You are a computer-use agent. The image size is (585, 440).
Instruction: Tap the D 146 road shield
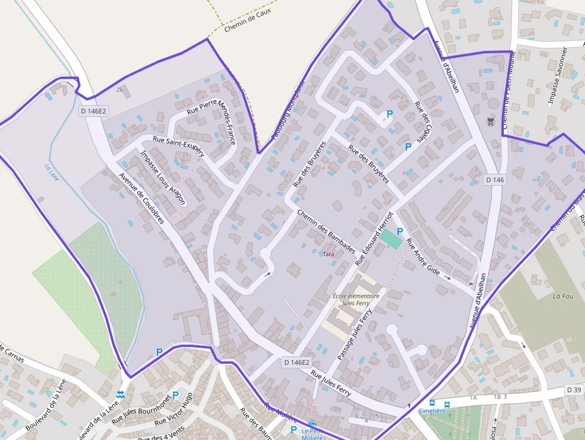(x=495, y=180)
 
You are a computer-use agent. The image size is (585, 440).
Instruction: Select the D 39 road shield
(x=573, y=390)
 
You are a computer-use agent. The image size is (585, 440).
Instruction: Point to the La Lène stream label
(x=52, y=173)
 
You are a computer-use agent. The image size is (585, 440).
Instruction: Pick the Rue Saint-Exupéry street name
(x=179, y=146)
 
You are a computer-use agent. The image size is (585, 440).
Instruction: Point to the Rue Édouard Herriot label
(x=374, y=238)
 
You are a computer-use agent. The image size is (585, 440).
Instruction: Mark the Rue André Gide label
(x=423, y=257)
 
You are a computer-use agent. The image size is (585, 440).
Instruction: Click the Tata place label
(x=328, y=254)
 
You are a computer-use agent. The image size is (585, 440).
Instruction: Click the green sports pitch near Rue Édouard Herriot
(x=391, y=239)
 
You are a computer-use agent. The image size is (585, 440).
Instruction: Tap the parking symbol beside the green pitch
(x=400, y=231)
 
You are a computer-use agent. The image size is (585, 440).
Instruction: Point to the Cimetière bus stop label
(x=432, y=411)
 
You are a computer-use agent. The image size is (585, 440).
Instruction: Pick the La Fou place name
(x=563, y=296)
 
